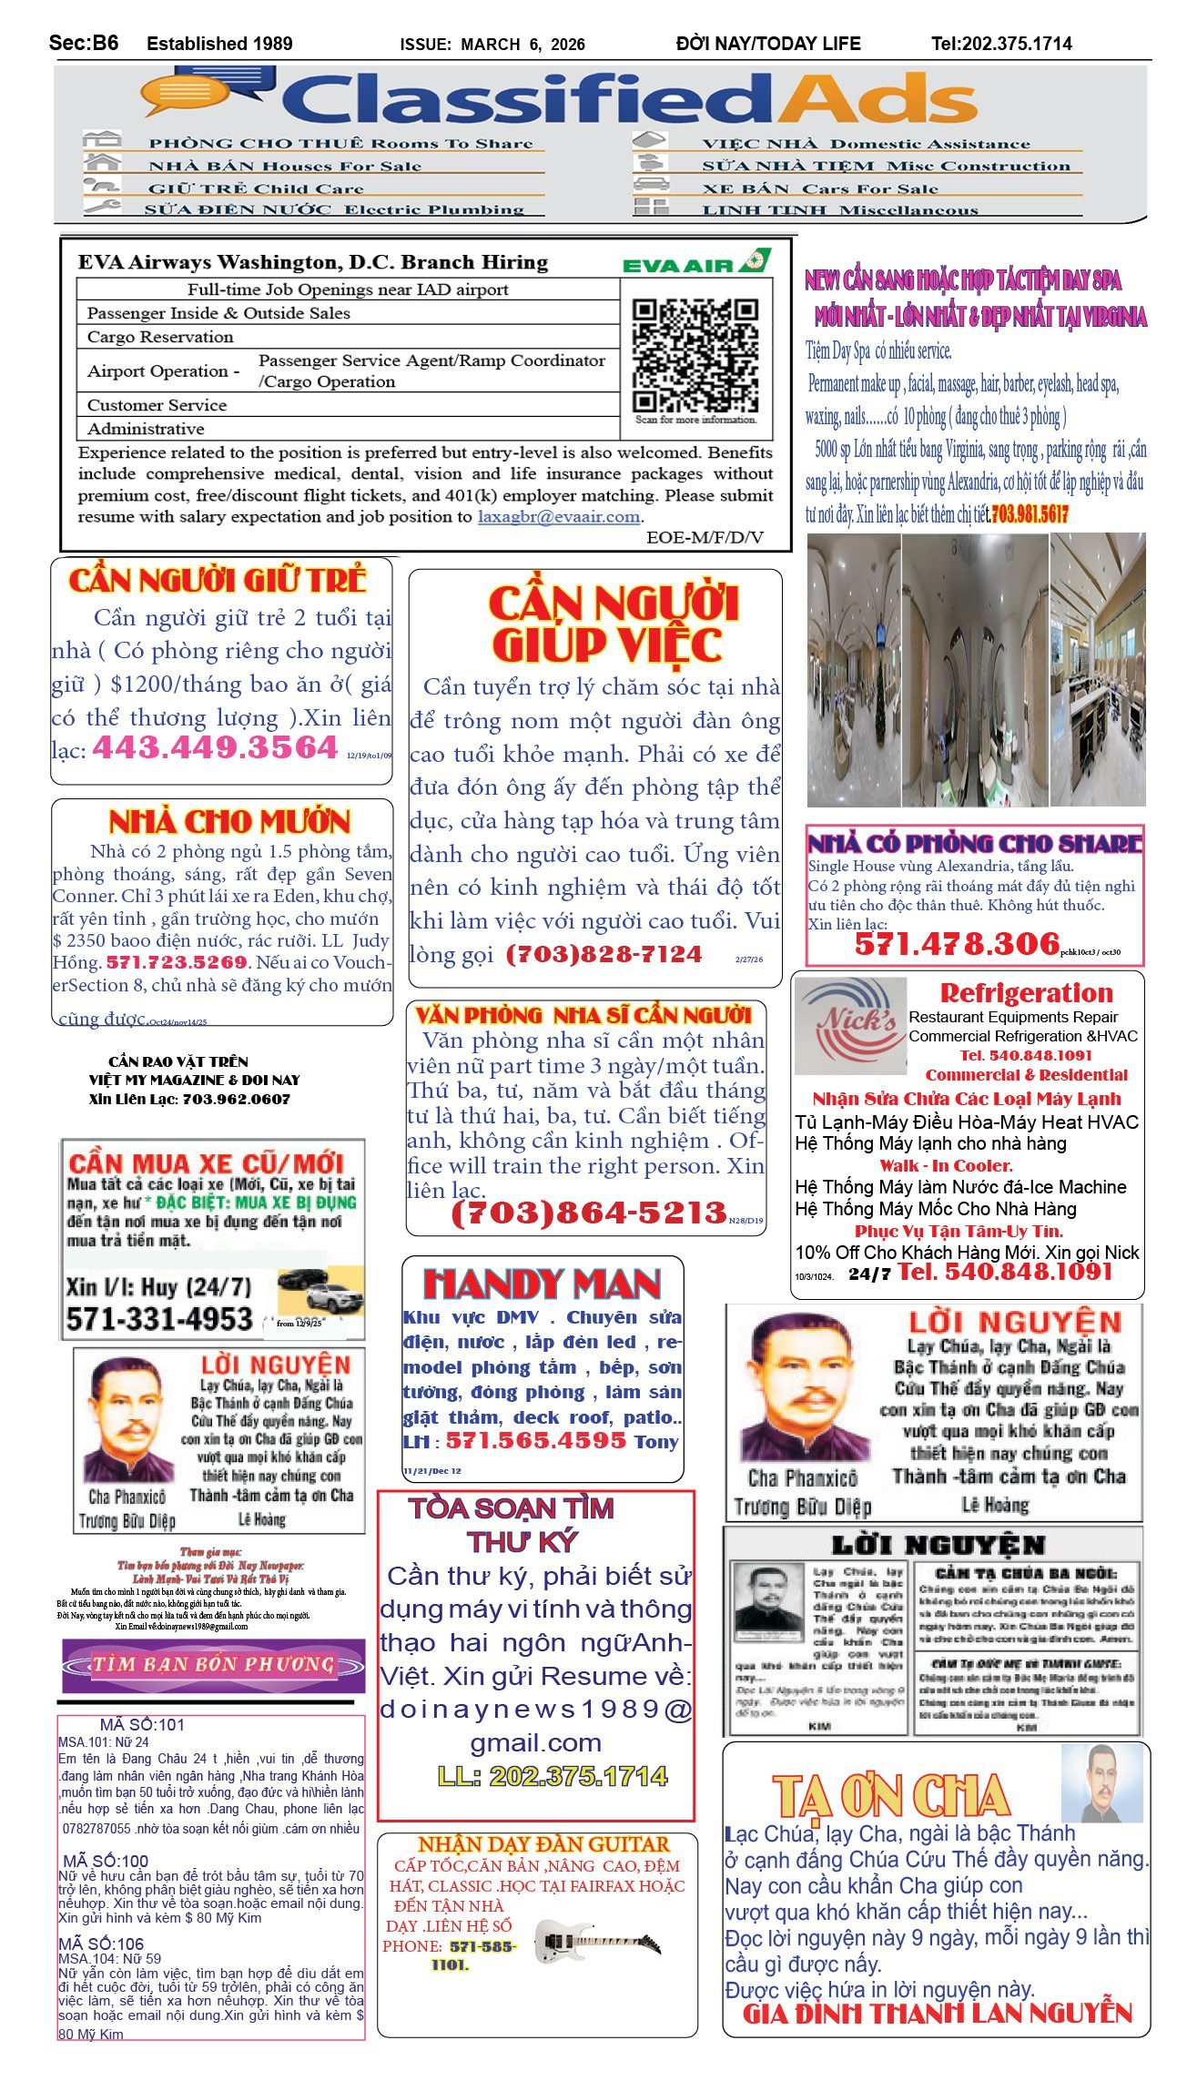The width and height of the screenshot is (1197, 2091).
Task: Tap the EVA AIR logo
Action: click(696, 263)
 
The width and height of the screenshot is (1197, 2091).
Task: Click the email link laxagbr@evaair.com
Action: click(559, 517)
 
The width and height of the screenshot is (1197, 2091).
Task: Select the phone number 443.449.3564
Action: click(215, 747)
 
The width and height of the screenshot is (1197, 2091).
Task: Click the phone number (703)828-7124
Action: click(604, 954)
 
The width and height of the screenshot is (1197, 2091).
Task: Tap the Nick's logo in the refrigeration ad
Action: click(850, 1025)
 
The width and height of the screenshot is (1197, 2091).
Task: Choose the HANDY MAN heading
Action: click(543, 1284)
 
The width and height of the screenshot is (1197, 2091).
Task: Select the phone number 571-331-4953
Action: click(158, 1319)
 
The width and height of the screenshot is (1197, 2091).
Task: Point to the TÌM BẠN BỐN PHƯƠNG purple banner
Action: click(213, 1665)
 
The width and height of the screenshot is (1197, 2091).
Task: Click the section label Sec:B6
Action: click(84, 43)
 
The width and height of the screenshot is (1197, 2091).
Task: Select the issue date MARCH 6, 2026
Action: click(522, 45)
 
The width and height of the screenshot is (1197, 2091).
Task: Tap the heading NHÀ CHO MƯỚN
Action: click(228, 822)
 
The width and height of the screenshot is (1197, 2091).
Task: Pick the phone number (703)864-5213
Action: click(589, 1213)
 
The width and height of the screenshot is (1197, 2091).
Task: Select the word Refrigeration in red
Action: click(1026, 992)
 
